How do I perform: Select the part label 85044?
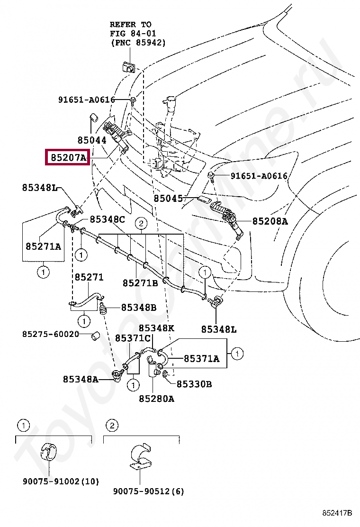click(92, 140)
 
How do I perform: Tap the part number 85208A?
click(270, 221)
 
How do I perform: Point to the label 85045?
click(168, 199)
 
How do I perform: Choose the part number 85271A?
click(43, 246)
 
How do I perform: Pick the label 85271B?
click(140, 283)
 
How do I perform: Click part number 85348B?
click(138, 307)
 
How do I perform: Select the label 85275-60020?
click(50, 334)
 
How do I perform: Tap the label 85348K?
click(156, 328)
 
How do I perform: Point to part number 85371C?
click(133, 338)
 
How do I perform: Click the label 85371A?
click(201, 359)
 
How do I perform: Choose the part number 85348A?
click(81, 379)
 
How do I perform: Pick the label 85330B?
click(194, 384)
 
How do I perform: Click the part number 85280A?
click(156, 399)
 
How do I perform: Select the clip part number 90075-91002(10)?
click(61, 482)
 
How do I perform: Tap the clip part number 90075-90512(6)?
click(148, 491)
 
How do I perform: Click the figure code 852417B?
click(337, 513)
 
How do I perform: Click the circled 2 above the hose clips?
click(141, 223)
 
